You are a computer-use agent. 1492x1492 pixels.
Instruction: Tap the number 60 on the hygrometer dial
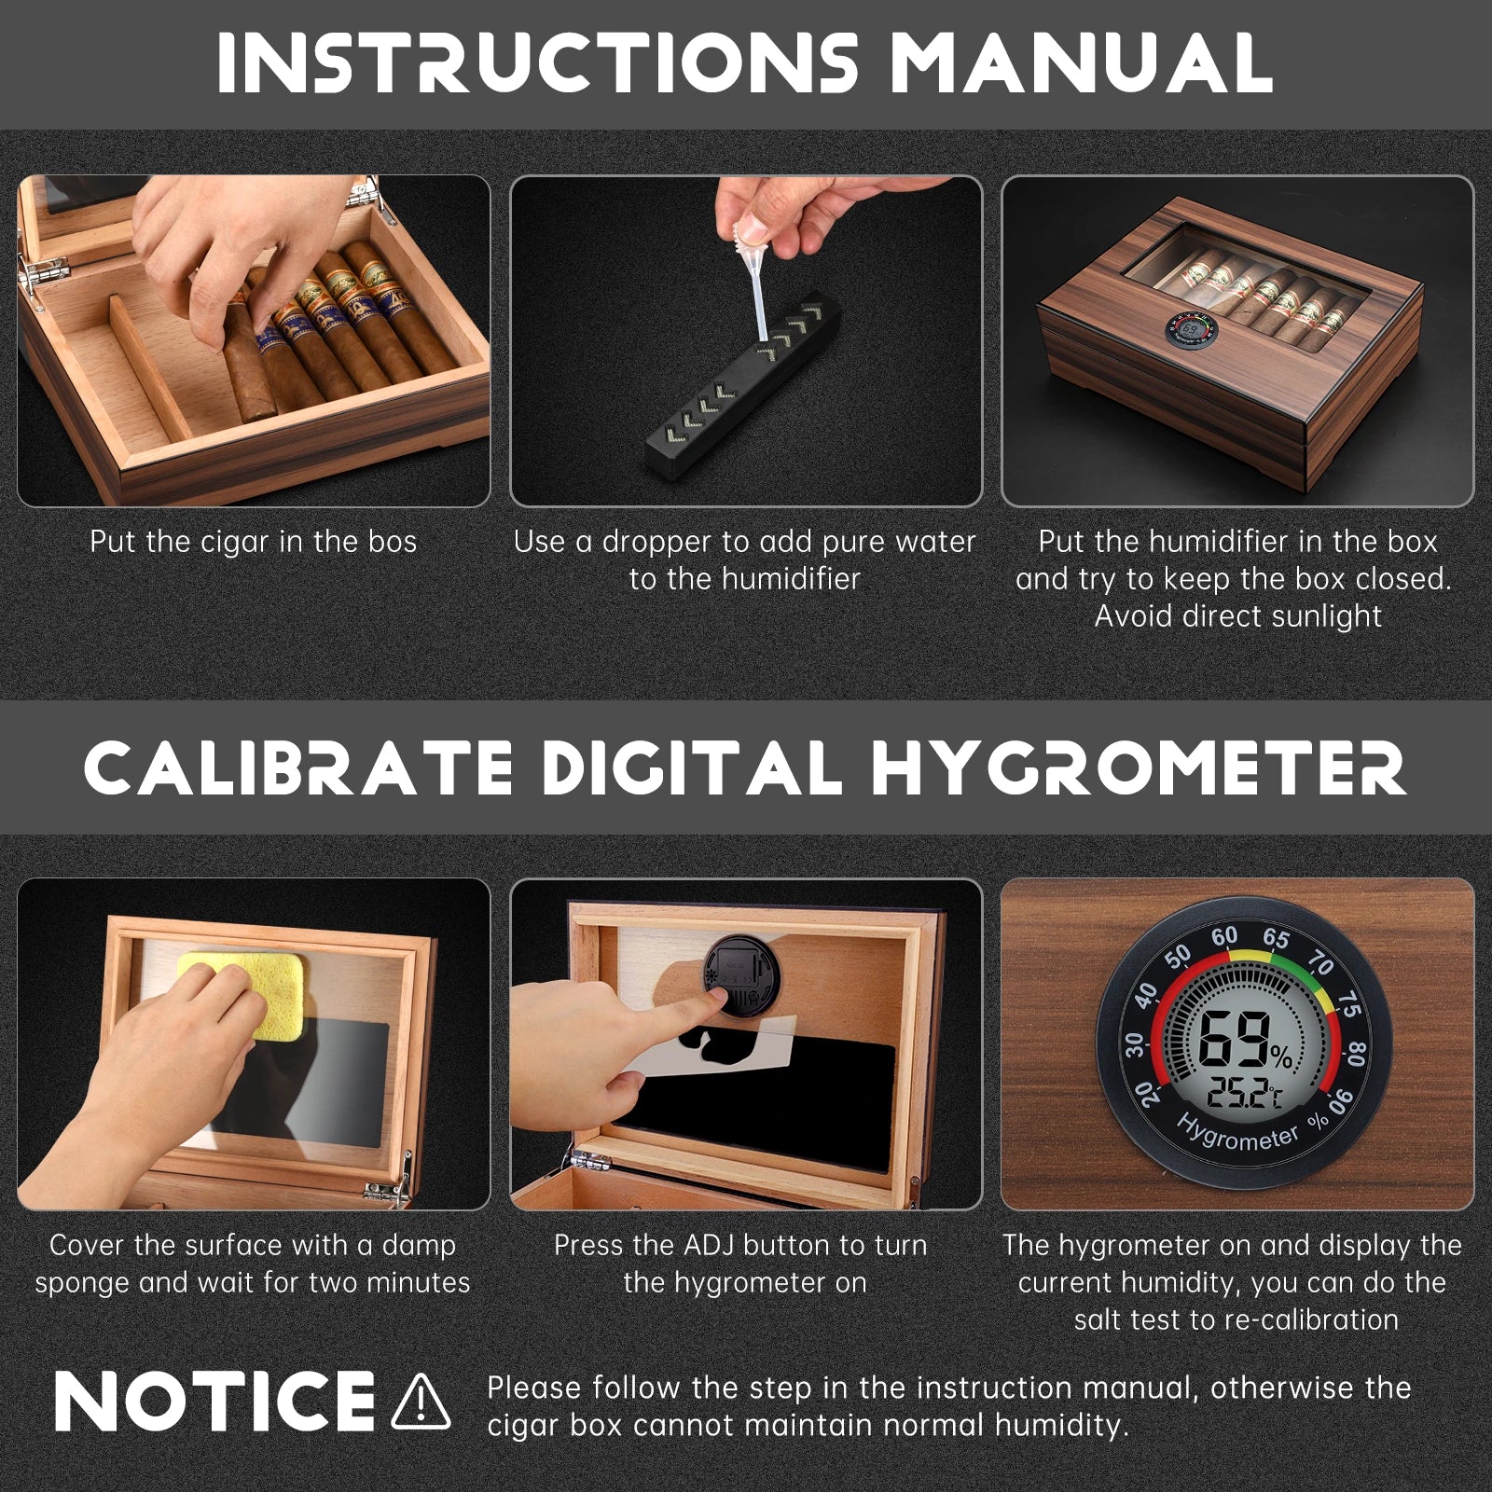click(x=1224, y=935)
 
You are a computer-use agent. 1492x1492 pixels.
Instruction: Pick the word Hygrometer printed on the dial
click(x=1238, y=1138)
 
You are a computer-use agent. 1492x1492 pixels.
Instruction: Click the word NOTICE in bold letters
click(x=214, y=1401)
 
